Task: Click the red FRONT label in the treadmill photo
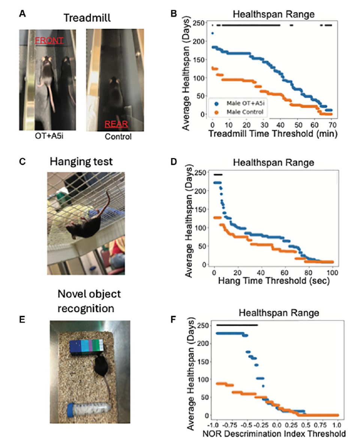49,40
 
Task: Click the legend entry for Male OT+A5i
245,103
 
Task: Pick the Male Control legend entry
243,111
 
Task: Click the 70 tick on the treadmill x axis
332,124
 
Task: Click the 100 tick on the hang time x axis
333,272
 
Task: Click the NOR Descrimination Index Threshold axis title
274,434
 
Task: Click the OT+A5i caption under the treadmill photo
45,136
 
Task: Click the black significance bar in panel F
237,325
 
